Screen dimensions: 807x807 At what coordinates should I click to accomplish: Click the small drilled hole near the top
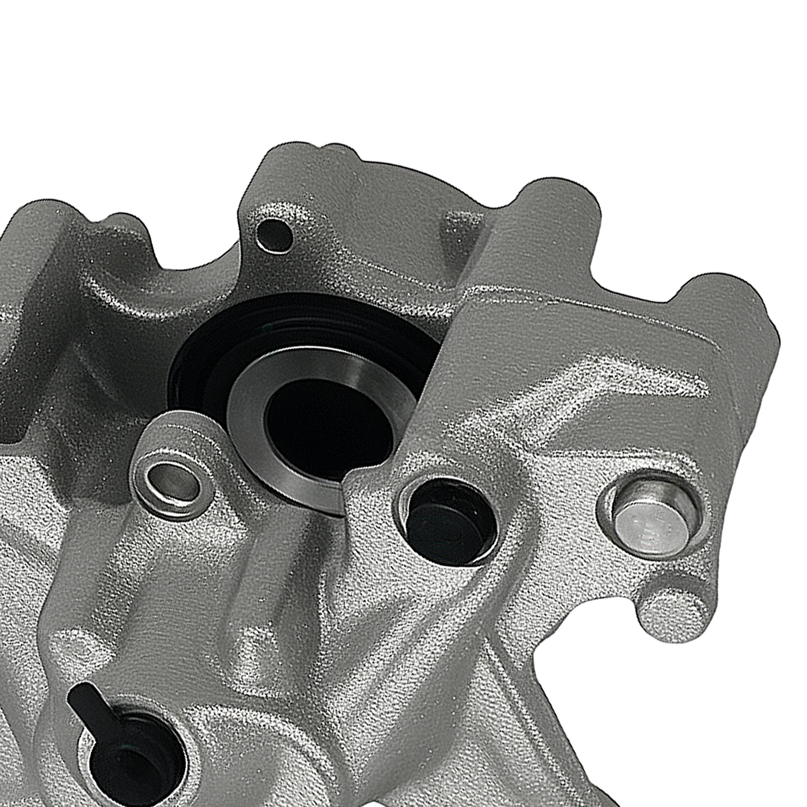274,232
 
